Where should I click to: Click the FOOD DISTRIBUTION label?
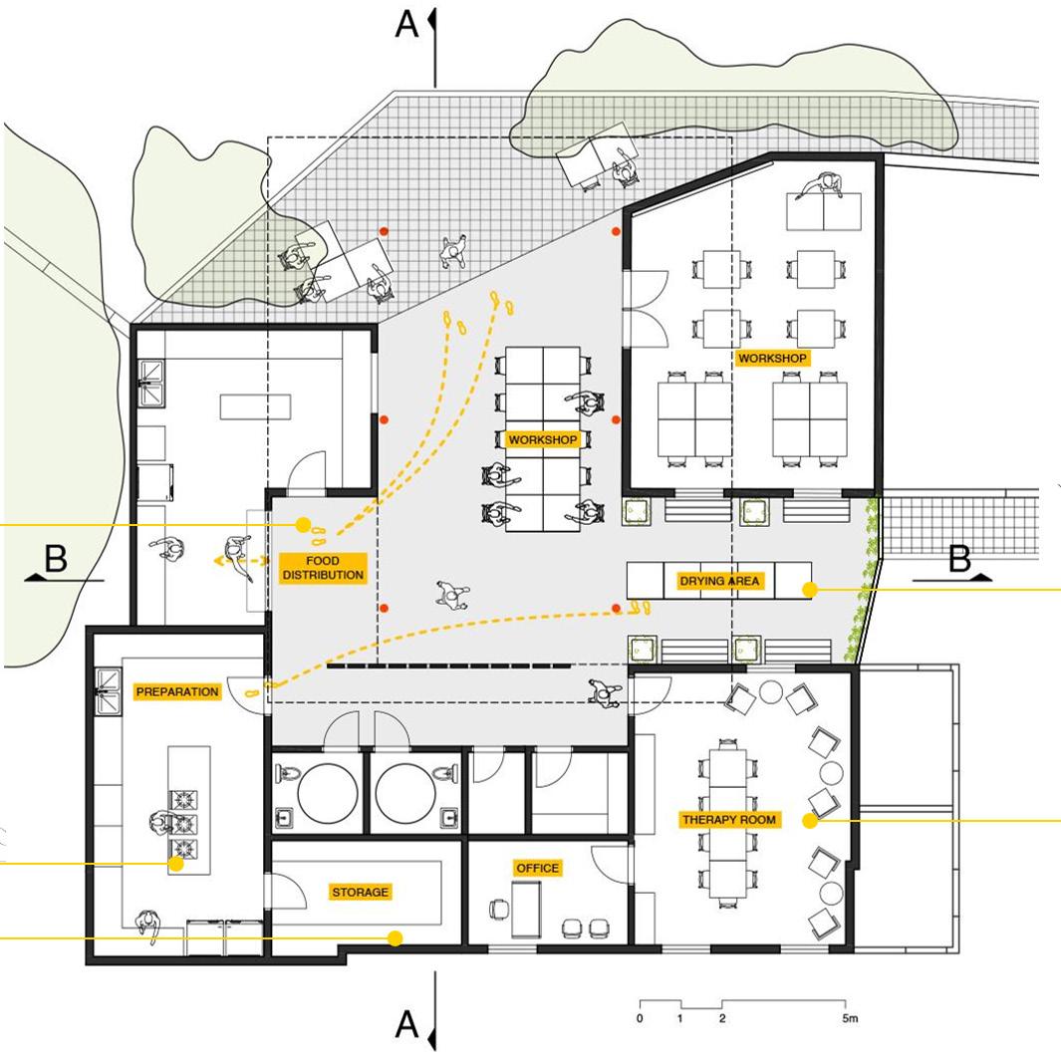click(323, 568)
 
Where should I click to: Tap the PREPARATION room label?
click(177, 691)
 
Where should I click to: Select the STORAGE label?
click(361, 892)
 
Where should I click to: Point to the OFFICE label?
click(538, 868)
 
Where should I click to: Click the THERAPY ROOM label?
click(730, 820)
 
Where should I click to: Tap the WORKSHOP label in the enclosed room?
click(771, 358)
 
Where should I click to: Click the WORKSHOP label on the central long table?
click(543, 439)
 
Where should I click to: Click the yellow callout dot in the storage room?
click(396, 938)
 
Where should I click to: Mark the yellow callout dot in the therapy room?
click(810, 821)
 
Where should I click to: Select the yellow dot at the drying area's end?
click(810, 590)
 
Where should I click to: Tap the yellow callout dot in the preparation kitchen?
click(176, 864)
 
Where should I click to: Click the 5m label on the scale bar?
click(849, 1019)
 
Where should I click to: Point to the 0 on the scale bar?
click(640, 1019)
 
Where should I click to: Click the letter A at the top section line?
click(406, 25)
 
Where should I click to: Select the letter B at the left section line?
click(56, 560)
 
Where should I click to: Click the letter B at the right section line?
click(958, 560)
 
